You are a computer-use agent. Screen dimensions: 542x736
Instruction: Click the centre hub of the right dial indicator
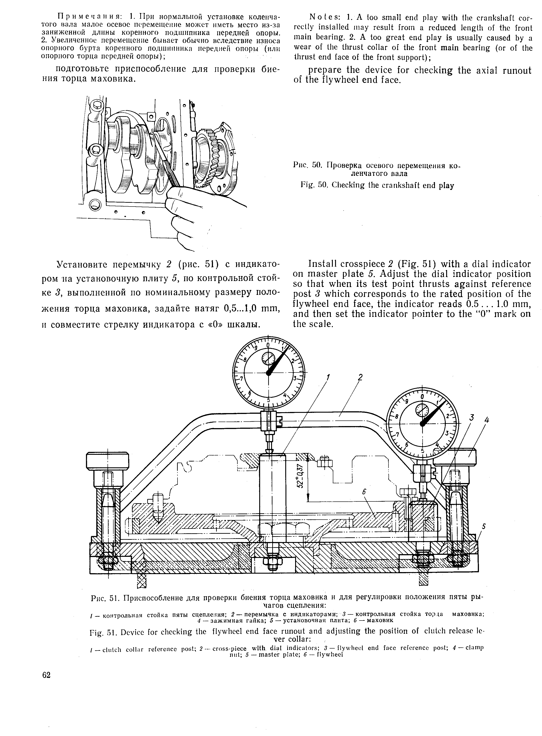[422, 424]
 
